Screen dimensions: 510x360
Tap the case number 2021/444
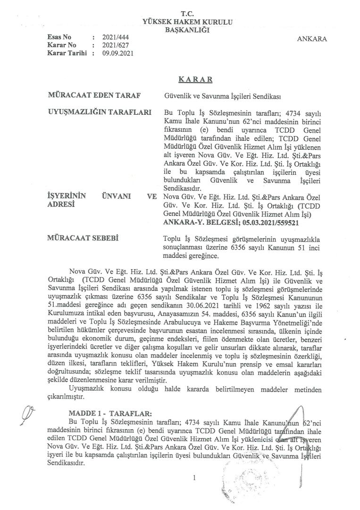114,36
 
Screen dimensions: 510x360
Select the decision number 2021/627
114,44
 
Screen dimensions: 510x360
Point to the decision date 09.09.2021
118,53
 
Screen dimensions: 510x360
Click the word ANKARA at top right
312,39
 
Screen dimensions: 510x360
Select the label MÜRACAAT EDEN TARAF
95,95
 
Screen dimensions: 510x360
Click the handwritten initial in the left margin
33,414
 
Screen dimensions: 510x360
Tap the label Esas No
59,36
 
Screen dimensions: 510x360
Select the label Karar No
60,44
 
